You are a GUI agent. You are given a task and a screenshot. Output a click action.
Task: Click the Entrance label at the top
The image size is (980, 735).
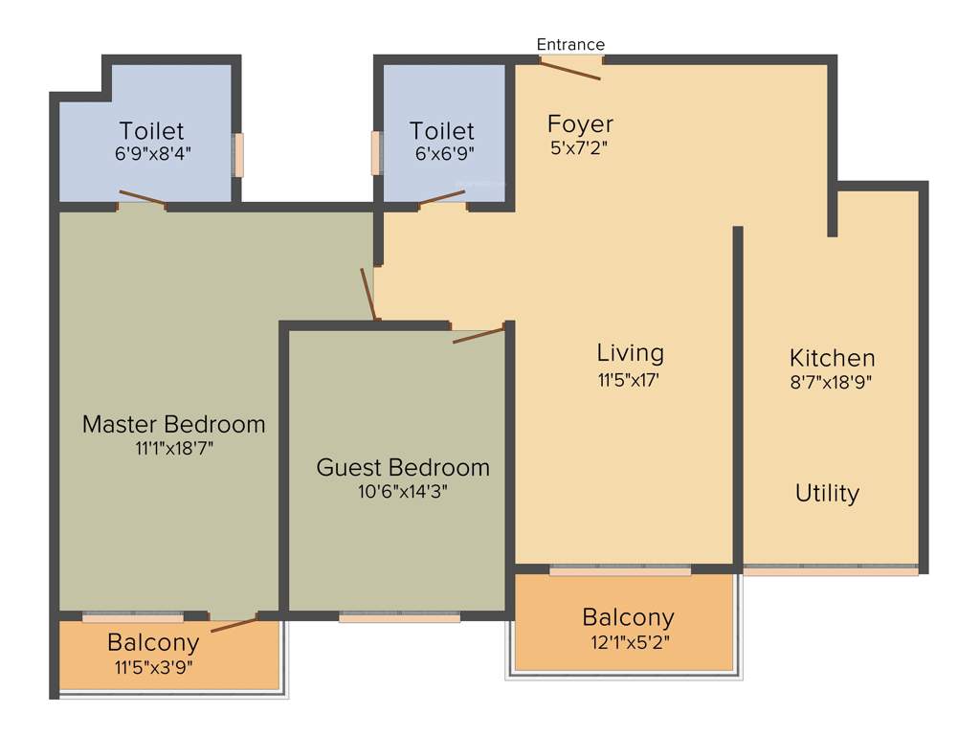[x=570, y=44]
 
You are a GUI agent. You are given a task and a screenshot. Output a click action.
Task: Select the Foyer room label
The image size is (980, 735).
[x=580, y=124]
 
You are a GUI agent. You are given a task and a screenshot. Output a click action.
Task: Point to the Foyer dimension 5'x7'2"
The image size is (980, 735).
[x=578, y=147]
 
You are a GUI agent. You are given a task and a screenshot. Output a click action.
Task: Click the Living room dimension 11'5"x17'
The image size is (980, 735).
[x=630, y=380]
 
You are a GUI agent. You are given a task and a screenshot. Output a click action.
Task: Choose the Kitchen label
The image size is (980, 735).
[x=832, y=358]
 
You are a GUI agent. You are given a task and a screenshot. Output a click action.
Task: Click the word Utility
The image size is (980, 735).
[x=827, y=494]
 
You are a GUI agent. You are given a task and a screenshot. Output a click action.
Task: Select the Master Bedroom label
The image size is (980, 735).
[x=173, y=423]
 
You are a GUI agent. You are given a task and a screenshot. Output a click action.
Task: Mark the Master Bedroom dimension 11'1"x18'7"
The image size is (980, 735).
[x=173, y=447]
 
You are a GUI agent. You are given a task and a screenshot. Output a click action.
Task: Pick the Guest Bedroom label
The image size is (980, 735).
[x=403, y=468]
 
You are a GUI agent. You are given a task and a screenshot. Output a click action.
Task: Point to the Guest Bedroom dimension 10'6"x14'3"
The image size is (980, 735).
[x=402, y=492]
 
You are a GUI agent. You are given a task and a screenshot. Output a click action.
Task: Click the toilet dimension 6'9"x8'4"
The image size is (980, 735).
[x=152, y=152]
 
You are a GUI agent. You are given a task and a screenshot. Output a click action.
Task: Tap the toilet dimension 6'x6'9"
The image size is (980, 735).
[x=442, y=152]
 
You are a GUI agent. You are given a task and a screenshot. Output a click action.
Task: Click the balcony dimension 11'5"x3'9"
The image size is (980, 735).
[x=153, y=667]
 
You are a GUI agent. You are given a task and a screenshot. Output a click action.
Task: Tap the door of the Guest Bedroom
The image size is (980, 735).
[x=478, y=334]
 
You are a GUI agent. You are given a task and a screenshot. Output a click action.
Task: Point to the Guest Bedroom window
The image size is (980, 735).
[x=399, y=617]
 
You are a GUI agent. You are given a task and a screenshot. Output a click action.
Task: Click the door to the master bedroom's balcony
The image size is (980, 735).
[x=234, y=625]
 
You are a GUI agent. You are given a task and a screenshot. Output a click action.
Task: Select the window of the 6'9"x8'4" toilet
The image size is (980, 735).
[x=238, y=155]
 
